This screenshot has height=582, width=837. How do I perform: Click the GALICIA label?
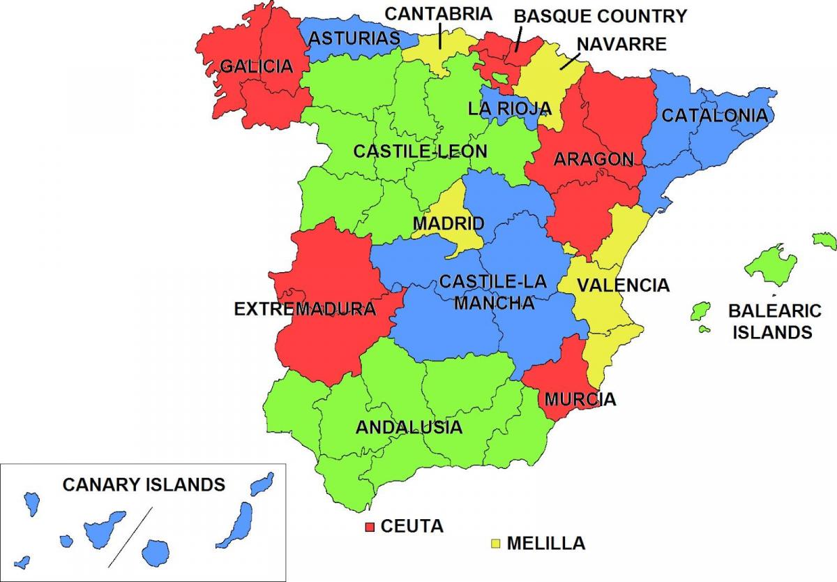pos(256,67)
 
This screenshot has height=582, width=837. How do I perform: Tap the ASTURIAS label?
pos(355,38)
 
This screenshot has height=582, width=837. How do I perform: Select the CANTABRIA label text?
pos(439,13)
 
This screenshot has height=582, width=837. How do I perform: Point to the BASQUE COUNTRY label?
pos(601,15)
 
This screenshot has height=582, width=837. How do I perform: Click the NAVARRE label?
pos(621,44)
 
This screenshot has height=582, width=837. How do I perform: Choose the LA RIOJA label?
pos(510,108)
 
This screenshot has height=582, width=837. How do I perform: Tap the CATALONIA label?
pos(714,116)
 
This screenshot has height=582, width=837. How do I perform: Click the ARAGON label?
pos(594,159)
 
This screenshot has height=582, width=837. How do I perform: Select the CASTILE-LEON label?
pos(421,151)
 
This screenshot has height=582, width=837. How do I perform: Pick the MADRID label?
pos(448,224)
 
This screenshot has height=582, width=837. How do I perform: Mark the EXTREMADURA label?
pos(305,308)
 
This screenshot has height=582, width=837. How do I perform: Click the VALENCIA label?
pos(623,285)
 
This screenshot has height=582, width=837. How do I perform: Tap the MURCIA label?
pos(580,400)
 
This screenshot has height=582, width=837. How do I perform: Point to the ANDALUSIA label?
pos(409,427)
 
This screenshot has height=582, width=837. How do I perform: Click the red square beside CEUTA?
pos(370,526)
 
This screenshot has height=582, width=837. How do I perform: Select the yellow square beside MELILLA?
pos(496,543)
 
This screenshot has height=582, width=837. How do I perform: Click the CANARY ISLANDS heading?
pos(144,484)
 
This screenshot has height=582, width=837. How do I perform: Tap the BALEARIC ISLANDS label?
pos(775,321)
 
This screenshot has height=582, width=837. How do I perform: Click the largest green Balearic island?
pos(770,264)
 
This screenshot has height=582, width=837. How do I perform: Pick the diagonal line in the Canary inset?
pos(130,531)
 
